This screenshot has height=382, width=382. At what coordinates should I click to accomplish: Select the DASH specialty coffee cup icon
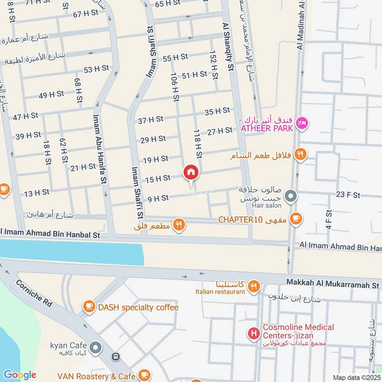pyautogui.click(x=89, y=307)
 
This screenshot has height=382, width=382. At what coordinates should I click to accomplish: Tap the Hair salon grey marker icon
pyautogui.click(x=290, y=196)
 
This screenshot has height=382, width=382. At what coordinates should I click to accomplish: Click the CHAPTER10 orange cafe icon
pyautogui.click(x=296, y=219)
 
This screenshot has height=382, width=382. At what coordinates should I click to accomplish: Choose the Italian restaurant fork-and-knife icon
pyautogui.click(x=254, y=286)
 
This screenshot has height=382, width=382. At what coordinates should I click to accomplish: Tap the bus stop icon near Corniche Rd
pyautogui.click(x=115, y=357)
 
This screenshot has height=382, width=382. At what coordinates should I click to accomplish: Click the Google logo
pyautogui.click(x=20, y=375)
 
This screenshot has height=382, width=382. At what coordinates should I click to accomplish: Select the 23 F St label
pyautogui.click(x=348, y=195)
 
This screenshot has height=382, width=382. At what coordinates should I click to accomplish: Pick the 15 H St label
pyautogui.click(x=158, y=179)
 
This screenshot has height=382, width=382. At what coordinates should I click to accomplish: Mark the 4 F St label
pyautogui.click(x=329, y=222)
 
